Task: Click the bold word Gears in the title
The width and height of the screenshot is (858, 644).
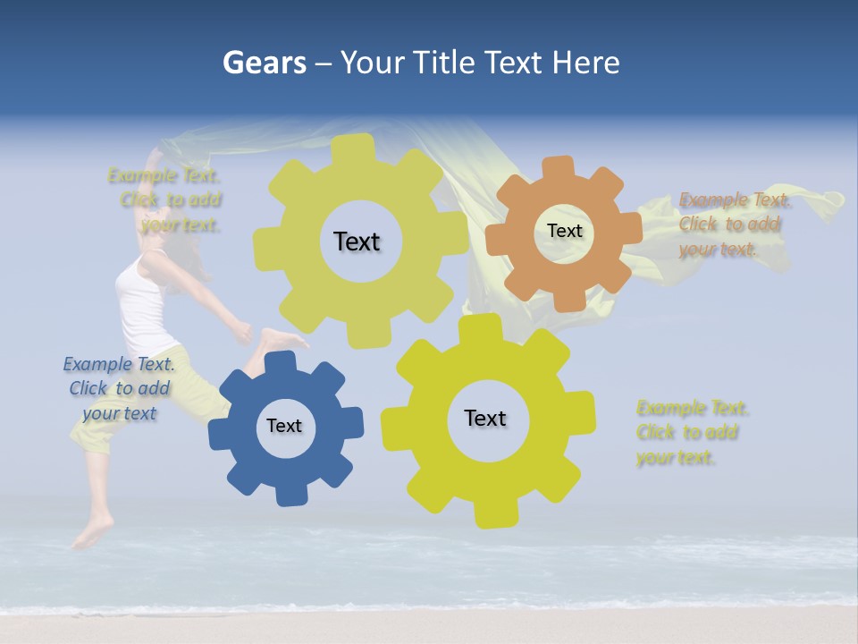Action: point(265,63)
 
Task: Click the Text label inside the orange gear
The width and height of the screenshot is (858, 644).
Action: point(564,231)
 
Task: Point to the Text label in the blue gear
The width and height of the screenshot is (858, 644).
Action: point(284,426)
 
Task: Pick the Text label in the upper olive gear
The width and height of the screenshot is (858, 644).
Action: point(357,241)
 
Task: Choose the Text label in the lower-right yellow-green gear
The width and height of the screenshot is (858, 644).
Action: point(485,418)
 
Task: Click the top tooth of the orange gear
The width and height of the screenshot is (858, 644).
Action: point(559,168)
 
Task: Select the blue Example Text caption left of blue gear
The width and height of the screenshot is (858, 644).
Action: point(119,388)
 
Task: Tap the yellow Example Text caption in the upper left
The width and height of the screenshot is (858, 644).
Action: point(169,199)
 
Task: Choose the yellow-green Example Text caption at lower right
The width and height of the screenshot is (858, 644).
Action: point(690,432)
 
